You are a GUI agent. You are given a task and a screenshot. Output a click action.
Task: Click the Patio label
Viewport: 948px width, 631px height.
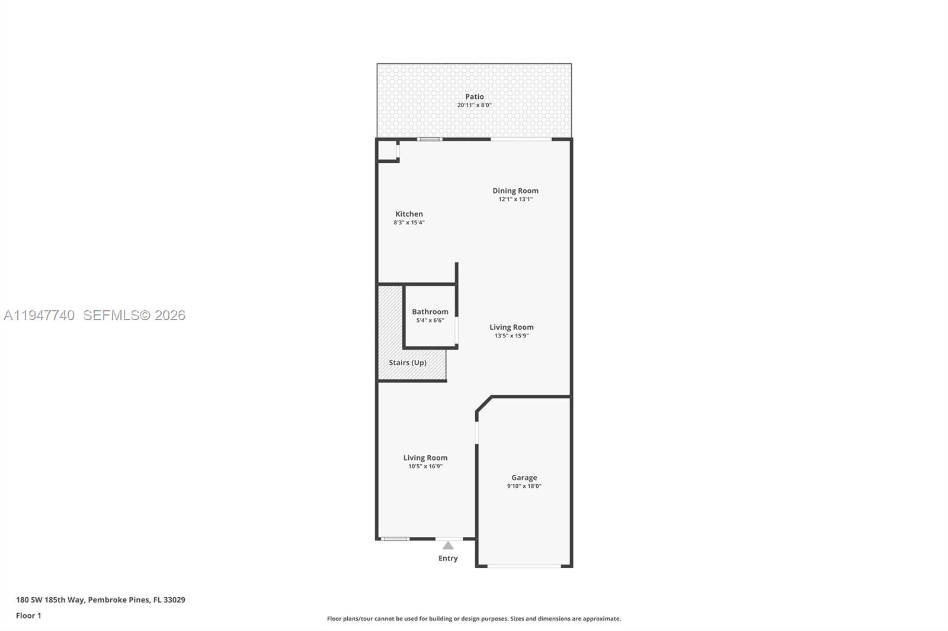[x=474, y=96]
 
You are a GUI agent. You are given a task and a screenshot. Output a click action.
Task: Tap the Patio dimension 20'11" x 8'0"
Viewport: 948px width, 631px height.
[x=474, y=105]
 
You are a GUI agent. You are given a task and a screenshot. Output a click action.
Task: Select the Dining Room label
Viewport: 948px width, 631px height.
[x=515, y=191]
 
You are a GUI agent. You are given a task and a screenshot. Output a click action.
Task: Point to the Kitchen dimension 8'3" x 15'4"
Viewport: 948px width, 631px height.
[x=409, y=223]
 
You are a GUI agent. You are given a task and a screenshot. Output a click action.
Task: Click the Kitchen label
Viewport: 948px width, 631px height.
[x=409, y=214]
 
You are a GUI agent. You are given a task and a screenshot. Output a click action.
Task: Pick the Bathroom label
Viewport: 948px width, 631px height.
[x=430, y=311]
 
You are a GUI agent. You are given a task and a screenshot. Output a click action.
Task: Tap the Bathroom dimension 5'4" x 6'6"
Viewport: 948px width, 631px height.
[x=430, y=320]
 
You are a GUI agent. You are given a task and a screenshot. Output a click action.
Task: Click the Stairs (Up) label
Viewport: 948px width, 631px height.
[x=408, y=362]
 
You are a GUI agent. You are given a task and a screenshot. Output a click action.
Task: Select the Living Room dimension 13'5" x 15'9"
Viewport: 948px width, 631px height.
[x=511, y=336]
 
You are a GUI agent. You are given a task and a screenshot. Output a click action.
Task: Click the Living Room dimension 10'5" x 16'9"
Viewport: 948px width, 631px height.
[x=425, y=466]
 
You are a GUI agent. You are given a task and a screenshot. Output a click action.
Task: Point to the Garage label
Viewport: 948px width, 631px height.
[x=524, y=477]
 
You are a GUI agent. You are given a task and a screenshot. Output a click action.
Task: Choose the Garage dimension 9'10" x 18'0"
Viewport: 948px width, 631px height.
[x=524, y=486]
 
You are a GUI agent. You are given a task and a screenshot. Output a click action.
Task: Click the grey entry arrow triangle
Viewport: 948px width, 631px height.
[x=448, y=546]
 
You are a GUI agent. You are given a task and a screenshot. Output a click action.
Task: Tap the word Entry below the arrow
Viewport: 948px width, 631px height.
[x=448, y=558]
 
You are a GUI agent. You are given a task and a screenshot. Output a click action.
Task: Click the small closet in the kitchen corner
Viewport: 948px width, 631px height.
[x=387, y=150]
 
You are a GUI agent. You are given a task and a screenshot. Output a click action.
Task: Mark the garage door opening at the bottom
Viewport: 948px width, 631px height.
[x=524, y=566]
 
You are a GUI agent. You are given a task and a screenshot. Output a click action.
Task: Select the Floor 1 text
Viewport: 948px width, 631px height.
[x=28, y=616]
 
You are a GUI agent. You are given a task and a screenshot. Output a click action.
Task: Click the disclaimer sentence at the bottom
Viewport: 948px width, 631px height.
[x=474, y=619]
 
